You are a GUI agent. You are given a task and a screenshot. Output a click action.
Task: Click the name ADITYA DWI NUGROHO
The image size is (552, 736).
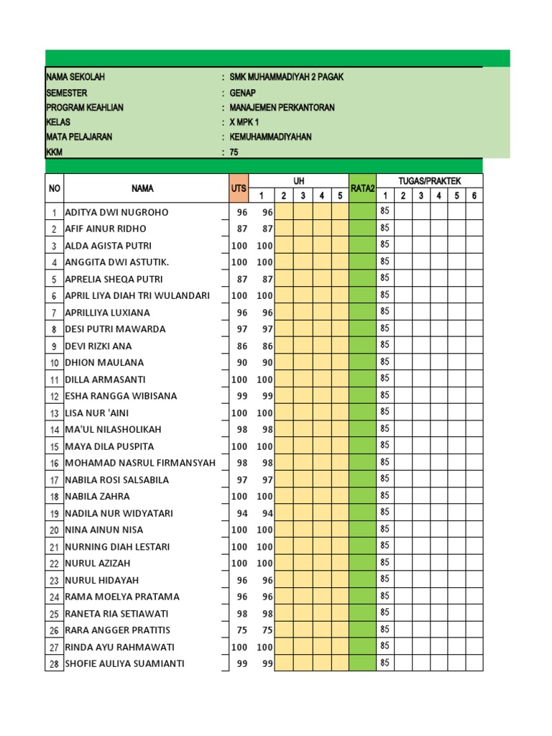[x=116, y=213]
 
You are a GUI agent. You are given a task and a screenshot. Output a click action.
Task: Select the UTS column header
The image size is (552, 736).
[x=239, y=188]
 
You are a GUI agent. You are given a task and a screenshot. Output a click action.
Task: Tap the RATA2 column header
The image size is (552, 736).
[x=362, y=188]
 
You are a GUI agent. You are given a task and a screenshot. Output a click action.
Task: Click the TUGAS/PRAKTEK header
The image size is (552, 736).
[x=429, y=181]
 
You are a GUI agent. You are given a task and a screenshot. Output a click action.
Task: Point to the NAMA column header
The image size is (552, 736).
[x=142, y=188]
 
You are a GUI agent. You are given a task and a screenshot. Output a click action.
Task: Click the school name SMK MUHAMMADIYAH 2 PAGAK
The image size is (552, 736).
[x=286, y=77]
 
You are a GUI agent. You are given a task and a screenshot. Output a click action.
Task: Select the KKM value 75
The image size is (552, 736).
[x=234, y=152]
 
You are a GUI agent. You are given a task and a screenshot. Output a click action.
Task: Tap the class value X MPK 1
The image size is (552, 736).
[x=244, y=122]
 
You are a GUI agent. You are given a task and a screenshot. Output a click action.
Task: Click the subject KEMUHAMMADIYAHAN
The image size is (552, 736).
[x=270, y=137]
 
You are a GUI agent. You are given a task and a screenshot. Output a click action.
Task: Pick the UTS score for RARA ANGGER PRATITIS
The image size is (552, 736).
[x=241, y=630]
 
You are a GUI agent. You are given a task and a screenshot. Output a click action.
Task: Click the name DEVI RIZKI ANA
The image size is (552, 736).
[x=98, y=346]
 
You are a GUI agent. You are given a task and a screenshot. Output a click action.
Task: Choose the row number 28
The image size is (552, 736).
[x=54, y=664]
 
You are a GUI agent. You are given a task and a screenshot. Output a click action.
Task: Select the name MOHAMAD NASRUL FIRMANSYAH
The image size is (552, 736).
[x=140, y=463]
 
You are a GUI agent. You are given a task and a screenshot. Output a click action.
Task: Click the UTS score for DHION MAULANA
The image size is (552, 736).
[x=241, y=363]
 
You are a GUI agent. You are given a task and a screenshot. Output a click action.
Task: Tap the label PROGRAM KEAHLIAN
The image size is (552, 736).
[x=85, y=108]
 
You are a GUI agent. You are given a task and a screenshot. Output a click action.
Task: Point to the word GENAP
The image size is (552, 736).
[x=242, y=93]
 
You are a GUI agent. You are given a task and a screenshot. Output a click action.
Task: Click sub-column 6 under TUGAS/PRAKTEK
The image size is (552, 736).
[x=474, y=196]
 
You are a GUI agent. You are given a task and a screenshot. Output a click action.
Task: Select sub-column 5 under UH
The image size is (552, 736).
[x=340, y=196]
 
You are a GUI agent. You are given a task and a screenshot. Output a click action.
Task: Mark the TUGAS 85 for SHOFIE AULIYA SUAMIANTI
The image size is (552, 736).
[x=385, y=663]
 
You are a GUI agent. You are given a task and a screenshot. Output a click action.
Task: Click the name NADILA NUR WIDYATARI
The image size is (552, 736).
[x=119, y=513]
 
